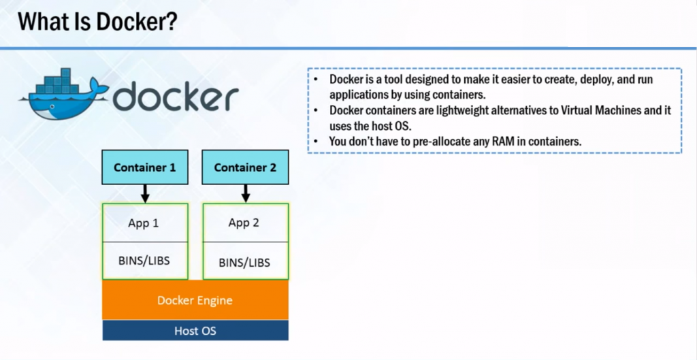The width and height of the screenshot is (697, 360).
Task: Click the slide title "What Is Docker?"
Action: [98, 22]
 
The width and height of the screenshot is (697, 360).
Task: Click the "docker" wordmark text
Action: [175, 97]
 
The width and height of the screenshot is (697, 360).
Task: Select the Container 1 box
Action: [144, 167]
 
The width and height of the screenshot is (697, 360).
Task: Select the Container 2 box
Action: [245, 167]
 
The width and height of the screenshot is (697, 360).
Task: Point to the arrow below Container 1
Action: [144, 193]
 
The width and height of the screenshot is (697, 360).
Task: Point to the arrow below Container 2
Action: [245, 193]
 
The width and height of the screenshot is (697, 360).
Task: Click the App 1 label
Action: [144, 223]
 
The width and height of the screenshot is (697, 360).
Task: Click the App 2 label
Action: [244, 223]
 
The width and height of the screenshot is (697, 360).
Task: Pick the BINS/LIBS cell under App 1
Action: [144, 261]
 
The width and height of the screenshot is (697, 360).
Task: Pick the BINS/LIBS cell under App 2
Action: [244, 262]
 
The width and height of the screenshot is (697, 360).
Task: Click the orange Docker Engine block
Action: [195, 300]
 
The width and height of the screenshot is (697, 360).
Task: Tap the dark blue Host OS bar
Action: [195, 331]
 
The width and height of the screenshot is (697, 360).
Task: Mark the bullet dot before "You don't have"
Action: [317, 141]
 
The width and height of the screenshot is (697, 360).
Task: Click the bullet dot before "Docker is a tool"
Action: [317, 80]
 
